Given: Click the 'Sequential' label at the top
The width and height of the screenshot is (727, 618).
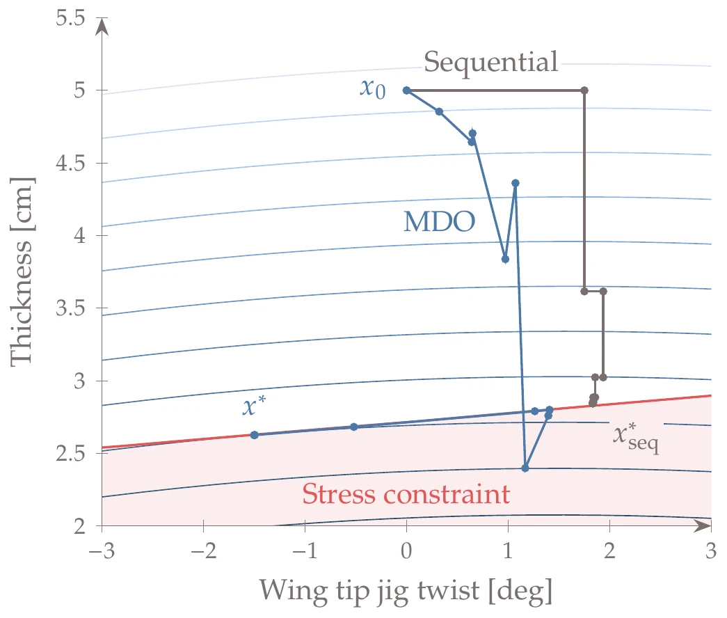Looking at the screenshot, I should pos(491,63).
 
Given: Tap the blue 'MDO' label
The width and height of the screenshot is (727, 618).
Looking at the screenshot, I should pos(439,222).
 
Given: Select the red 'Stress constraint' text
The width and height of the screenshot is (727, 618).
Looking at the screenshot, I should pos(406,495).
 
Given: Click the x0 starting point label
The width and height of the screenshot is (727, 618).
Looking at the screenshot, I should pos(372,88).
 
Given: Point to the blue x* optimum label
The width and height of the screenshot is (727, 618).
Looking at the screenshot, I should pos(254,407).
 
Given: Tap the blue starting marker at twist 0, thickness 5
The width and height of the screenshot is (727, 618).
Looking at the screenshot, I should pos(407,90).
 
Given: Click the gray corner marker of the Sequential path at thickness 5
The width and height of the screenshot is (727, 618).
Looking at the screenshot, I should pos(584,90).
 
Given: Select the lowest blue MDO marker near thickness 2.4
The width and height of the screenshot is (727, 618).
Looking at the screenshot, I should pos(525,468).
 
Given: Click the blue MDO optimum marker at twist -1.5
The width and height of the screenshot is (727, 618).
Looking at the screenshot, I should pos(255,435).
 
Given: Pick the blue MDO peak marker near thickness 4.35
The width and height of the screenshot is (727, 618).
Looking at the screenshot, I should pos(516,183).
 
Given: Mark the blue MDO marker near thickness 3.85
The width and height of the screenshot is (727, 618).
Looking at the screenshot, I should pos(505,259).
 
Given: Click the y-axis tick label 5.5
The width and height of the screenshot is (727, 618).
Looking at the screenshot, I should pos(69,18).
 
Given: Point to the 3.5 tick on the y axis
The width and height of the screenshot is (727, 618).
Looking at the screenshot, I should pos(69,308).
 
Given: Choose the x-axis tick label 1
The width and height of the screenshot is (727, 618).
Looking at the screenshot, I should pos(509,551).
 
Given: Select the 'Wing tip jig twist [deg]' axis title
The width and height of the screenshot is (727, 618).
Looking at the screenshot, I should pos(406,591).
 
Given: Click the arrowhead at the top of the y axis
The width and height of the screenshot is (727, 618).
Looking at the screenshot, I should pos(102,26).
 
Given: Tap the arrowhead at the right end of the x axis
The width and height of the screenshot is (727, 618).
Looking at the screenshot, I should pos(703,526).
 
